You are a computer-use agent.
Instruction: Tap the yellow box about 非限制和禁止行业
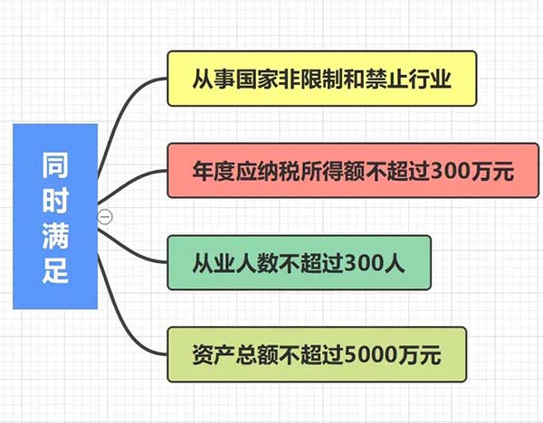(x=322, y=78)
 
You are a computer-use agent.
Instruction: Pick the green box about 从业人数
(x=300, y=263)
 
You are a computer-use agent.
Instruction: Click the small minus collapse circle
(x=105, y=216)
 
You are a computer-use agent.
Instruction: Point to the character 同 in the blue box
(x=55, y=166)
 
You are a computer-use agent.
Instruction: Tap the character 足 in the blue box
(x=55, y=269)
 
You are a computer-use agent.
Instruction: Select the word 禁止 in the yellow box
(x=392, y=78)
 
